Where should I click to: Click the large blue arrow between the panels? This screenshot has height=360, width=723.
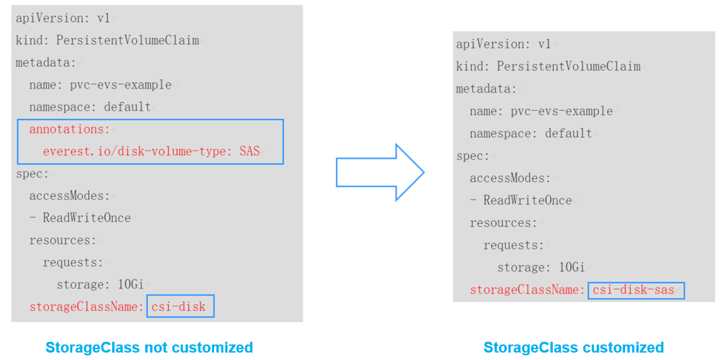click(x=380, y=172)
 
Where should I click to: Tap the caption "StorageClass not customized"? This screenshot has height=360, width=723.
click(x=149, y=347)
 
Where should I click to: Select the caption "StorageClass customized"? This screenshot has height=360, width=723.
click(x=574, y=347)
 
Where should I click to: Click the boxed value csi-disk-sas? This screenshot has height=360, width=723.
click(x=636, y=290)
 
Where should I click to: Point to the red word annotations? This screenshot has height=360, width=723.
click(x=70, y=129)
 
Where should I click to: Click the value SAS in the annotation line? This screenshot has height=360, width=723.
click(x=250, y=151)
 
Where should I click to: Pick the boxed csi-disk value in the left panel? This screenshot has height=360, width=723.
click(x=180, y=306)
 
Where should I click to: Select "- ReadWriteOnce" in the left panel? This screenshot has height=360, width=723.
click(x=80, y=218)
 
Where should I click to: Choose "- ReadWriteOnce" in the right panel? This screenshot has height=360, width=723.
click(x=520, y=201)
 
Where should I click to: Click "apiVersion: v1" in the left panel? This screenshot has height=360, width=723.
click(x=63, y=18)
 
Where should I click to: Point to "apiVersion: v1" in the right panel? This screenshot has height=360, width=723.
click(x=504, y=45)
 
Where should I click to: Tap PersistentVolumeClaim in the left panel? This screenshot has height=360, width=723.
click(x=128, y=41)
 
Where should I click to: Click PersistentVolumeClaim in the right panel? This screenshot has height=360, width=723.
click(x=568, y=66)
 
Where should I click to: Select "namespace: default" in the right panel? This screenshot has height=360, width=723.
click(x=531, y=134)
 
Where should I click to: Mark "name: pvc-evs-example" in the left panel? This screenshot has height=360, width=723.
click(x=101, y=85)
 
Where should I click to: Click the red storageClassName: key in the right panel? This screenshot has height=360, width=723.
click(x=527, y=290)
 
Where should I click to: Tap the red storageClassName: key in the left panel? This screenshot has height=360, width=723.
click(x=86, y=307)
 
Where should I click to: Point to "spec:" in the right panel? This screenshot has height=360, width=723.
click(x=473, y=156)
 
